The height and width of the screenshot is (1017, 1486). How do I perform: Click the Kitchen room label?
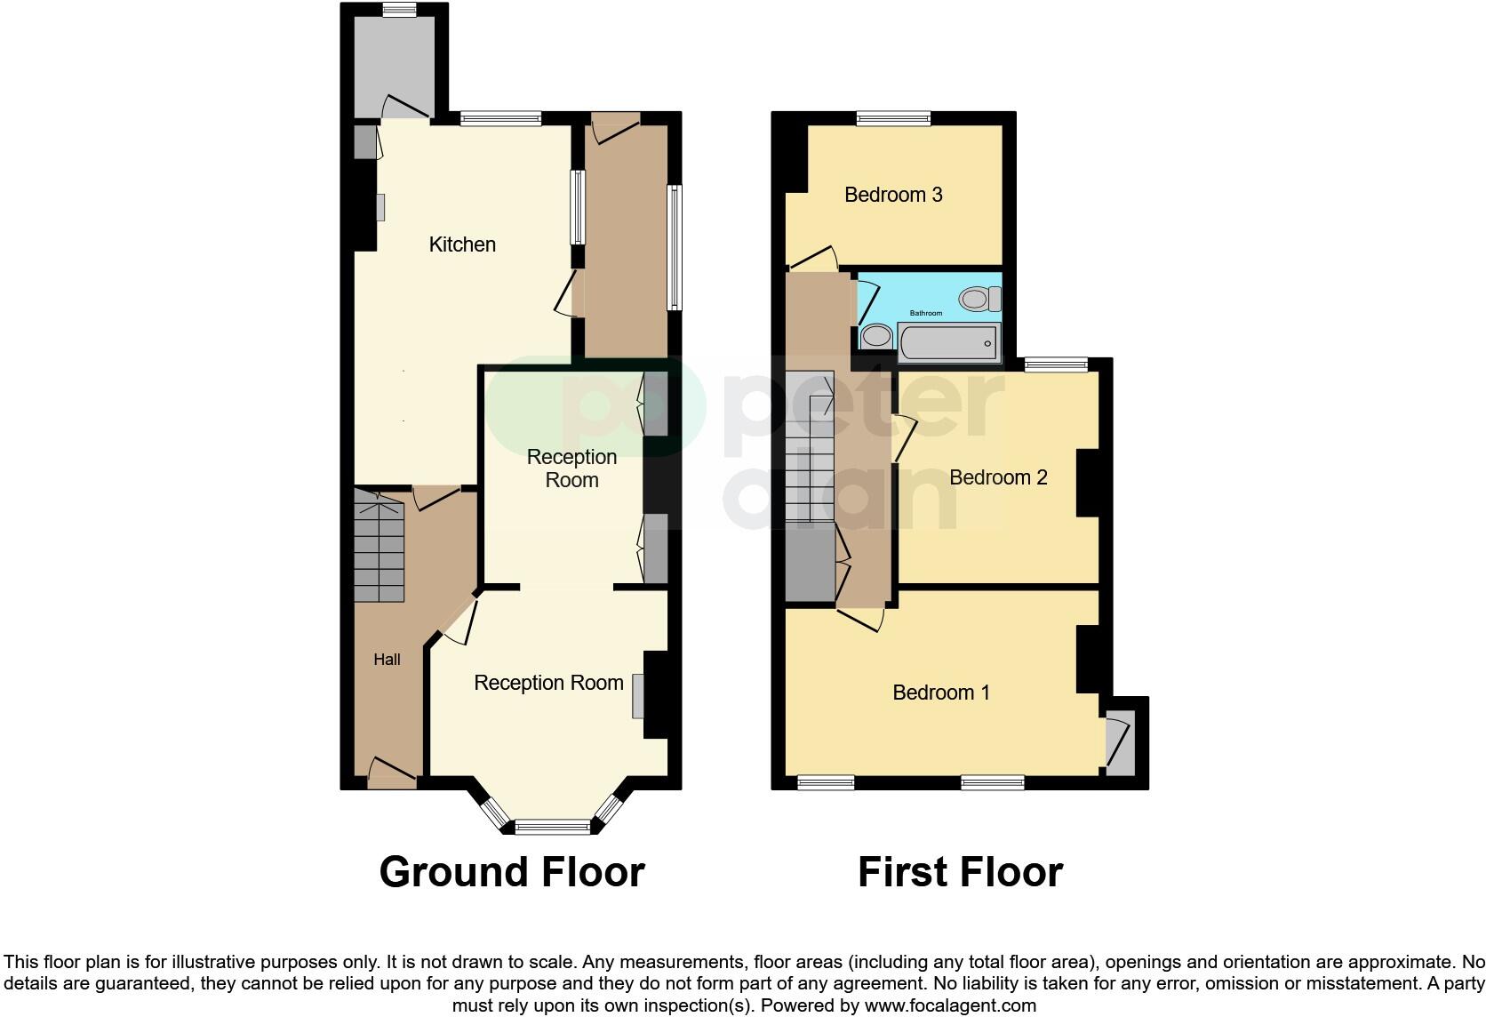pos(462,244)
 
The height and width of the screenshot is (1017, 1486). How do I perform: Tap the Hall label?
pos(387,660)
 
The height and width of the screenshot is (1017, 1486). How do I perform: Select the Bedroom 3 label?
pos(893,195)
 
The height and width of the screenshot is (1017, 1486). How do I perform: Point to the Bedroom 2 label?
pos(998,477)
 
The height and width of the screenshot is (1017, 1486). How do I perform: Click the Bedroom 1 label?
pos(941,693)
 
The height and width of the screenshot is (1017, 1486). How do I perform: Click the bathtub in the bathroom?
pos(948,342)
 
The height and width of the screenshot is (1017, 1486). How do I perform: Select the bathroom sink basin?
pos(877,337)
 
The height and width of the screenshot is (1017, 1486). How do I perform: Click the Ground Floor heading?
pos(512,872)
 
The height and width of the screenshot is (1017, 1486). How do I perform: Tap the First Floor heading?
pos(960,872)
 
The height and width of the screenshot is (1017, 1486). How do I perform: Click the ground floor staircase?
pos(379,547)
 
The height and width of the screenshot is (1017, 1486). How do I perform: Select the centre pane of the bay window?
pos(552,828)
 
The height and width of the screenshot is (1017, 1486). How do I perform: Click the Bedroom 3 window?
pos(893,117)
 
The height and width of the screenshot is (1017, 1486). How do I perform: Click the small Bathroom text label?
pos(925,313)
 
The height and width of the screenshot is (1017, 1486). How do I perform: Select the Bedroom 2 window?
pos(1056,364)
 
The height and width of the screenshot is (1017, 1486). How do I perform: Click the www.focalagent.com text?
pos(950,1006)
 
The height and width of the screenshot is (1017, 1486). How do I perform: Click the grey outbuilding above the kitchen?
pos(394,67)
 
